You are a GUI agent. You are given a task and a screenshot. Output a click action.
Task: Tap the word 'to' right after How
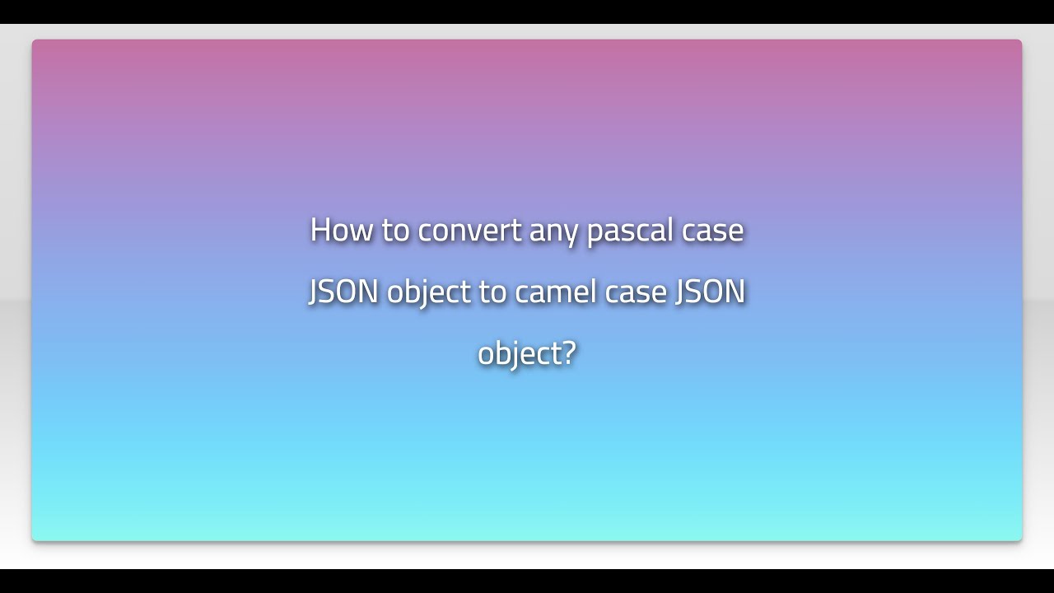coord(395,230)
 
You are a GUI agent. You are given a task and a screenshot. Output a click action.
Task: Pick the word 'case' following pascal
coord(712,230)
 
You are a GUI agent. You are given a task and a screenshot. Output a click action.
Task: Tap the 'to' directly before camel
coord(492,292)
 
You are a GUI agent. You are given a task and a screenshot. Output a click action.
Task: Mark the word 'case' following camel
coord(636,292)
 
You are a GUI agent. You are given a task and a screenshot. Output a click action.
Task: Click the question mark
coord(568,353)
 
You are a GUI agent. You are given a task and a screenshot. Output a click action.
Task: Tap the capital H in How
coord(319,230)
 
